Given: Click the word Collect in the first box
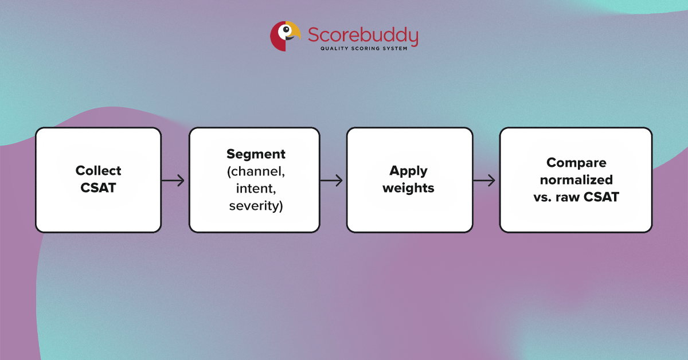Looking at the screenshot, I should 99,171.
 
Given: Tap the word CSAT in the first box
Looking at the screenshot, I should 99,187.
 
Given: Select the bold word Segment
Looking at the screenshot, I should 256,154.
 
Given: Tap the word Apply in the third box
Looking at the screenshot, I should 409,171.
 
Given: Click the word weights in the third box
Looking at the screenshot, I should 409,187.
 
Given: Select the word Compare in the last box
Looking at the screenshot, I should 576,163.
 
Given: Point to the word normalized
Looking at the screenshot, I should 576,179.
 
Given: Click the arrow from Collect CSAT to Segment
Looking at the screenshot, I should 174,181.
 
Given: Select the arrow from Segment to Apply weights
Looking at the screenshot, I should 331,181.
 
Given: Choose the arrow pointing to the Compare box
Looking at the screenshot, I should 485,181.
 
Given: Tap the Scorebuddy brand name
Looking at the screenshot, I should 363,35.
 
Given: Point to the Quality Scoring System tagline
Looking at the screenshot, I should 363,49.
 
